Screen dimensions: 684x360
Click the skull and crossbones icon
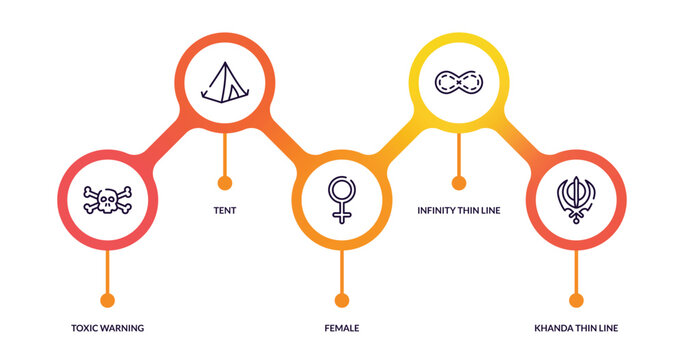pyautogui.click(x=107, y=200)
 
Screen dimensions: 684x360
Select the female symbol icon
pyautogui.click(x=342, y=199)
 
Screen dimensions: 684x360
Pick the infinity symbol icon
pyautogui.click(x=459, y=81)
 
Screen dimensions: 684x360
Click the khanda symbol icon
pyautogui.click(x=576, y=199)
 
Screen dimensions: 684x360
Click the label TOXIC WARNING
pyautogui.click(x=107, y=328)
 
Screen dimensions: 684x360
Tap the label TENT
pyautogui.click(x=224, y=211)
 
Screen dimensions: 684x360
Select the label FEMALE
pyautogui.click(x=342, y=328)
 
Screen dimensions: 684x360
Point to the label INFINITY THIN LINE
pyautogui.click(x=459, y=211)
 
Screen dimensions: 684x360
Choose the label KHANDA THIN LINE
pyautogui.click(x=576, y=328)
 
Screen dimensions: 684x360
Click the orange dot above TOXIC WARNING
pyautogui.click(x=107, y=300)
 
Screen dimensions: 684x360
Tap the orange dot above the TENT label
pyautogui.click(x=224, y=183)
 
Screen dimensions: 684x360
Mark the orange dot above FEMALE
pyautogui.click(x=342, y=300)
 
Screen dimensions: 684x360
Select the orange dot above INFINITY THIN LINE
pyautogui.click(x=459, y=183)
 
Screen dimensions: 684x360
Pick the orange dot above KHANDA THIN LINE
pyautogui.click(x=576, y=300)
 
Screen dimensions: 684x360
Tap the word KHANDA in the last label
pyautogui.click(x=554, y=328)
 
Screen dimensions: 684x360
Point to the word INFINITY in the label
pyautogui.click(x=437, y=211)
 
